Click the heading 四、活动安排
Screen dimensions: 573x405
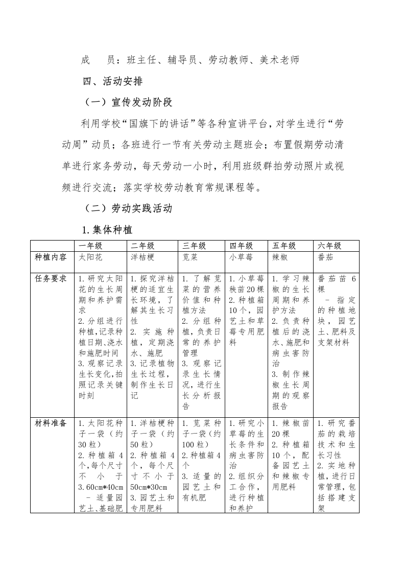pos(113,82)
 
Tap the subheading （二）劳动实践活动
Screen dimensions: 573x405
pos(129,208)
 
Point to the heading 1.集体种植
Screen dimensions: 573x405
pos(108,229)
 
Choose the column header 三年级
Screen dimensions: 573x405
pos(195,246)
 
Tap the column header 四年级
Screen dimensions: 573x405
pos(241,246)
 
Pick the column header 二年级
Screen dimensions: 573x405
pos(142,246)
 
